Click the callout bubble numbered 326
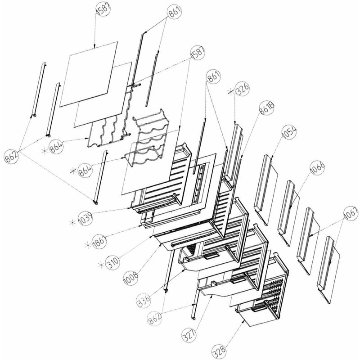click(x=243, y=89)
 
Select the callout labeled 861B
click(x=267, y=108)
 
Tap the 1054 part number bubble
click(x=289, y=132)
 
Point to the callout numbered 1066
click(x=317, y=167)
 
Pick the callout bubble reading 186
click(x=99, y=242)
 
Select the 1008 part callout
click(x=131, y=278)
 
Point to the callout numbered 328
click(x=219, y=351)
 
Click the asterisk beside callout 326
click(x=230, y=92)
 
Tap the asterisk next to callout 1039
click(x=72, y=222)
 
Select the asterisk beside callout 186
click(x=87, y=245)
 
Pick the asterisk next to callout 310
click(x=101, y=265)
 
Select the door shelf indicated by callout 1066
click(x=288, y=213)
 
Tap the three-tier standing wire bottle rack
click(x=146, y=138)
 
